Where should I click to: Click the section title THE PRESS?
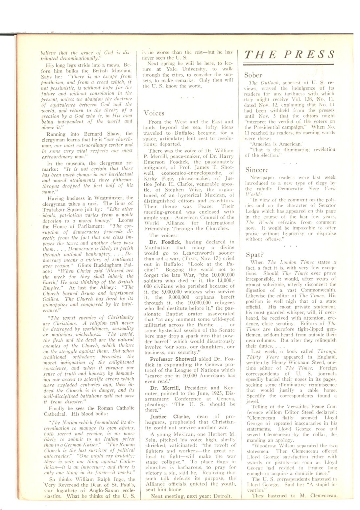[x=289, y=54]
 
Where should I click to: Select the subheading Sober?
[x=253, y=75]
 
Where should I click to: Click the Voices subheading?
[x=154, y=113]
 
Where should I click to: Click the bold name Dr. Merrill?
[x=164, y=388]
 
